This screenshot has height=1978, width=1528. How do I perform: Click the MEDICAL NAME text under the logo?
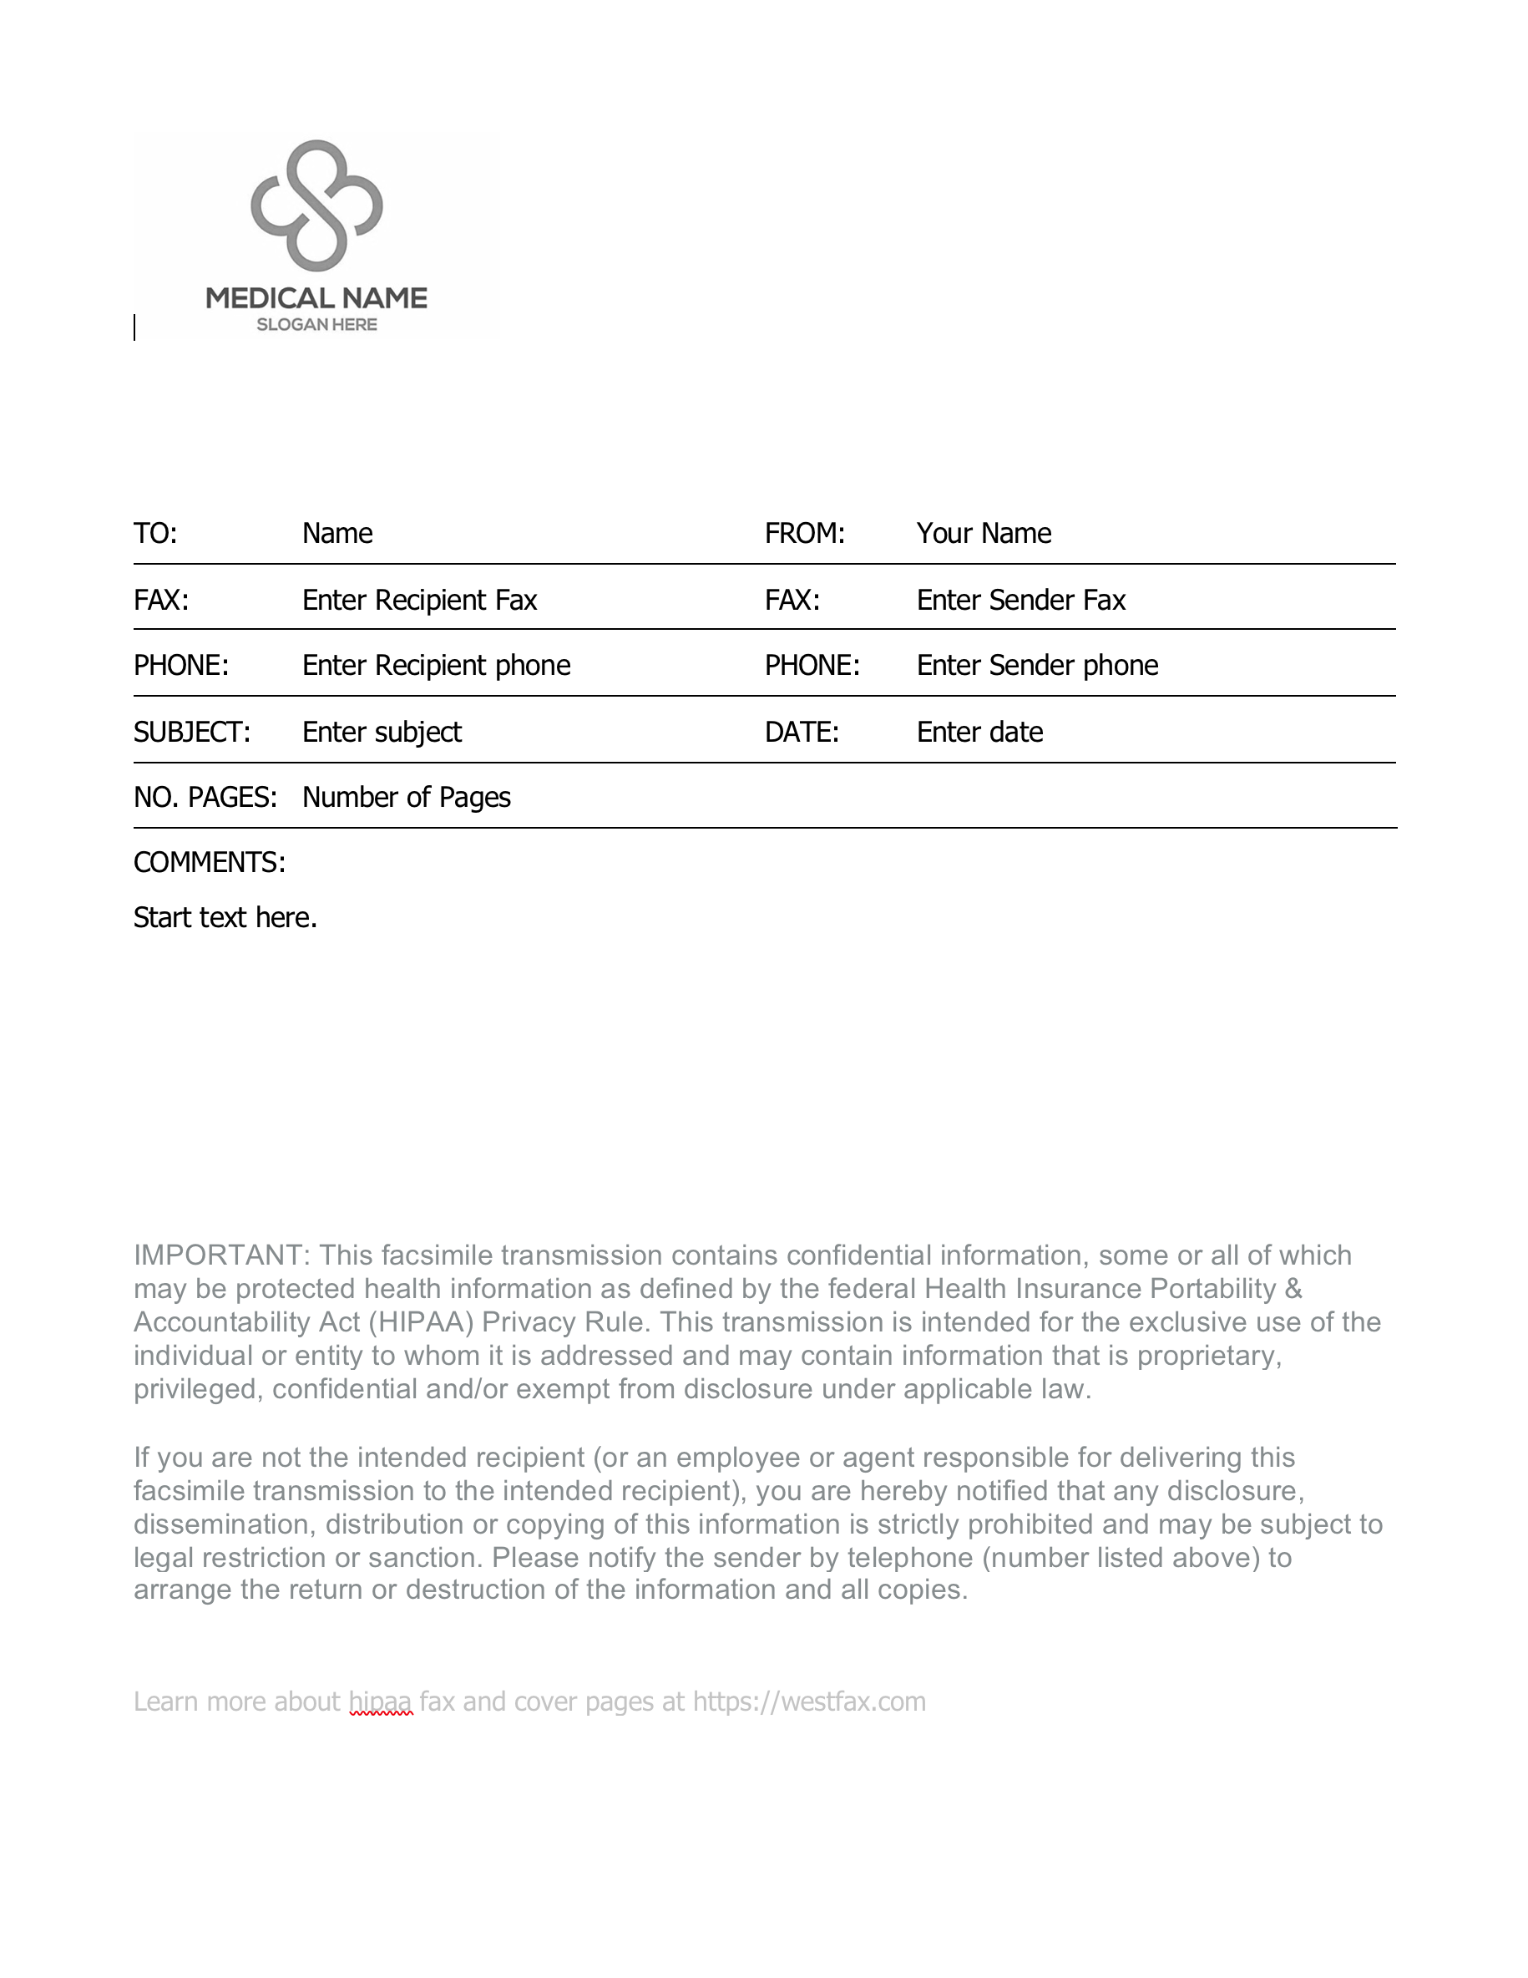(x=316, y=298)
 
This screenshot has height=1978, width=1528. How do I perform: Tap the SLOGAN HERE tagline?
(x=316, y=325)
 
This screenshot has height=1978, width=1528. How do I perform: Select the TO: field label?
(x=155, y=534)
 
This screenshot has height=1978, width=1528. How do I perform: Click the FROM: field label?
(x=804, y=534)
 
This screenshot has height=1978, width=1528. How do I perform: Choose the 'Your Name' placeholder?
(x=983, y=534)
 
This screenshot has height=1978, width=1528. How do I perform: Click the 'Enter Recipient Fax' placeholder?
(x=419, y=601)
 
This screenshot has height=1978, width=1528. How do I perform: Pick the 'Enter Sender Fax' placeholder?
(x=1020, y=601)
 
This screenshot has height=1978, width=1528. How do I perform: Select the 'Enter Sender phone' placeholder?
(x=1036, y=666)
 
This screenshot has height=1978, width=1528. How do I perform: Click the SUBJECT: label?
(x=192, y=732)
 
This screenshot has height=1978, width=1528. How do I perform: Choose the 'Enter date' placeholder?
(x=979, y=732)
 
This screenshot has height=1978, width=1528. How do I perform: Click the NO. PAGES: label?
(x=205, y=797)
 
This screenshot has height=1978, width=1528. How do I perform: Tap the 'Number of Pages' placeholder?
(x=406, y=797)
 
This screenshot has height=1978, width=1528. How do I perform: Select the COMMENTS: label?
(x=209, y=862)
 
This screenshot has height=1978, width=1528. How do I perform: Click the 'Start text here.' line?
(x=225, y=917)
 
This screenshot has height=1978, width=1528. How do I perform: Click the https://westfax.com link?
(x=808, y=1702)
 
